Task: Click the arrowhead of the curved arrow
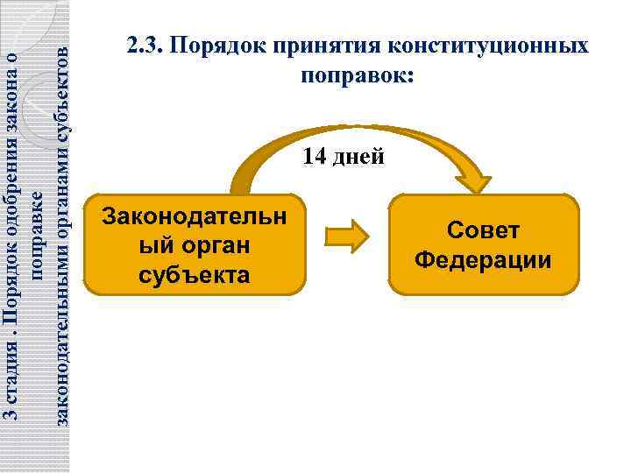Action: (476, 181)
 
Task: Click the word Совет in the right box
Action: (483, 230)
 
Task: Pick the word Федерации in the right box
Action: (483, 260)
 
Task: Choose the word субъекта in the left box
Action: (195, 275)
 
